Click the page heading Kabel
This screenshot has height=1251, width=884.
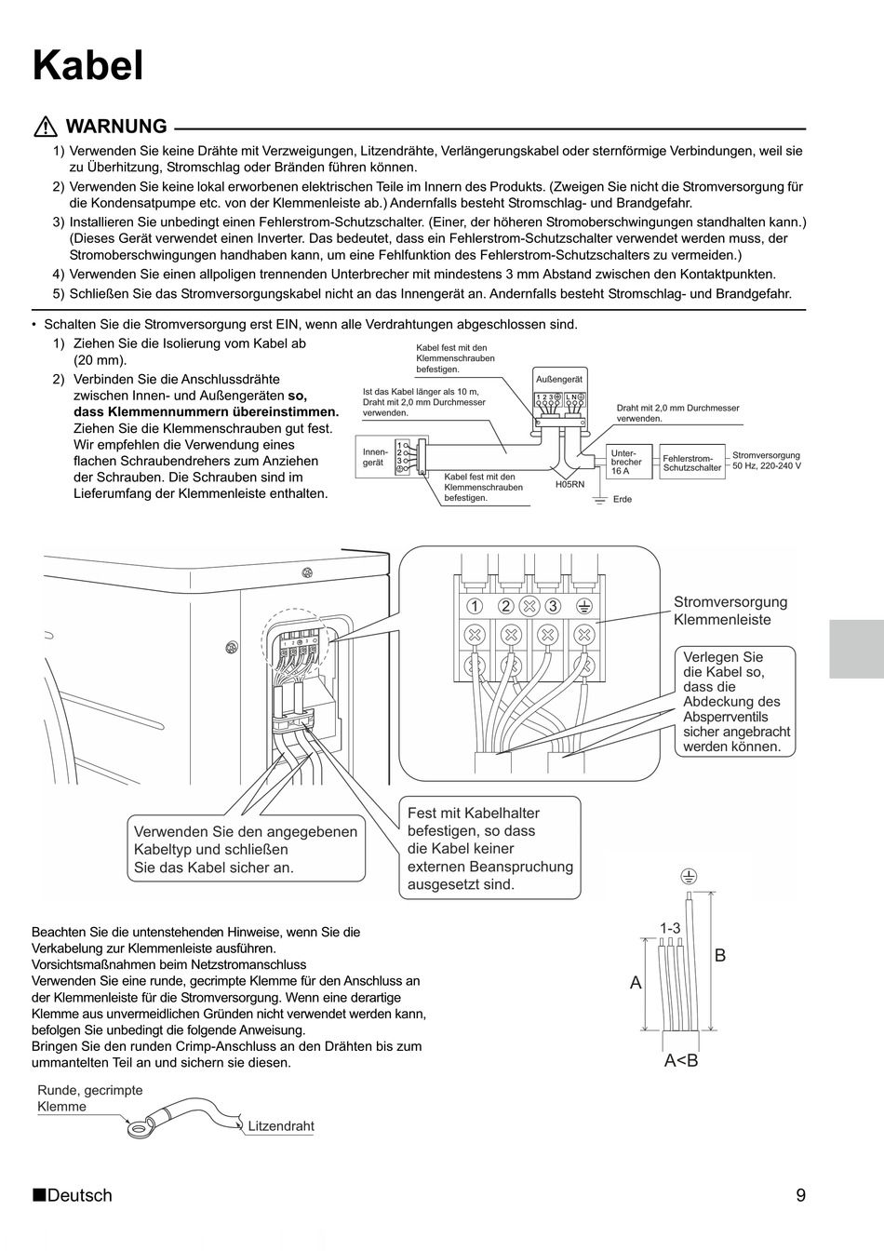88,66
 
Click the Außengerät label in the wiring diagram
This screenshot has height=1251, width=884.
559,380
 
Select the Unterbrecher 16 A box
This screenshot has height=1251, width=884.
626,462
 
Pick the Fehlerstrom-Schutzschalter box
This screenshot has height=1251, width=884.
691,463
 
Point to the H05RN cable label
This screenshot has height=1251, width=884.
569,485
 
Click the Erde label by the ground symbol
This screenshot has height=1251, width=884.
623,500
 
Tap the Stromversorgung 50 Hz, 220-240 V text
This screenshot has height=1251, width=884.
766,461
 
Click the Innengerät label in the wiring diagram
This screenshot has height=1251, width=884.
374,457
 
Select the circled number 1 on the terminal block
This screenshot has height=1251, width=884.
475,606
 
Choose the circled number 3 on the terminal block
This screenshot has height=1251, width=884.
554,606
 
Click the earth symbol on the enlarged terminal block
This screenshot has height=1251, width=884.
584,606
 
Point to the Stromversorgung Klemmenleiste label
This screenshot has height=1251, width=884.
730,611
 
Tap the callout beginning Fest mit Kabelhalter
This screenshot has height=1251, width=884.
489,848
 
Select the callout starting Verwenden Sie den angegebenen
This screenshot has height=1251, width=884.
245,849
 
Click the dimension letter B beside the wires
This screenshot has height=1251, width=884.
719,955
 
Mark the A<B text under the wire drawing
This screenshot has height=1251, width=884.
681,1060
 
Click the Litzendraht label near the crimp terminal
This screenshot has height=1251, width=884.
281,1126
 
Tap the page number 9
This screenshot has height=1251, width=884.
801,1195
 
